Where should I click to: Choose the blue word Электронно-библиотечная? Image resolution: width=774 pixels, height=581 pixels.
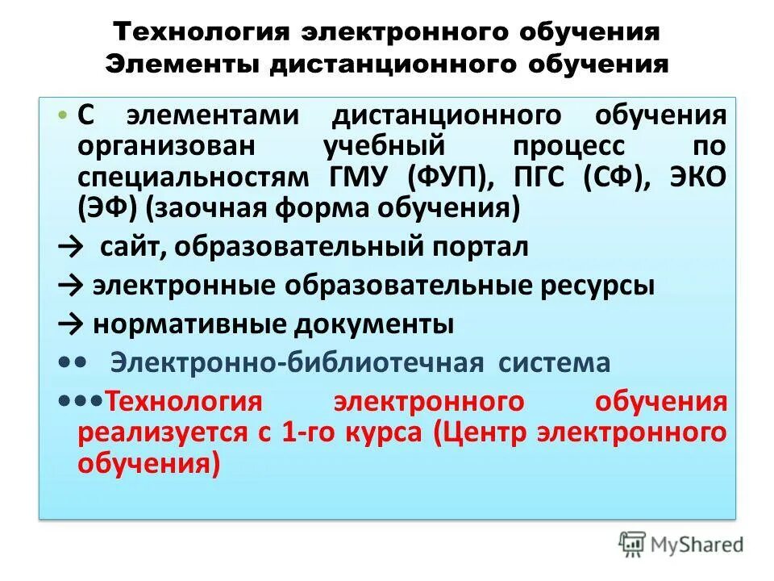tap(296, 364)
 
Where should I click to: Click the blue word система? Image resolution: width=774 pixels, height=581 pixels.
tap(554, 364)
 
